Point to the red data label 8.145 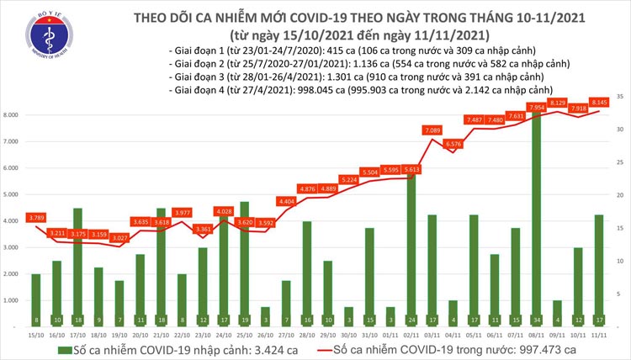click(599, 103)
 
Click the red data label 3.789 click(36, 217)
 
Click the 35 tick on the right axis click(618, 98)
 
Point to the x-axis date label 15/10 click(35, 334)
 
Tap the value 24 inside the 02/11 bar click(411, 320)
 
